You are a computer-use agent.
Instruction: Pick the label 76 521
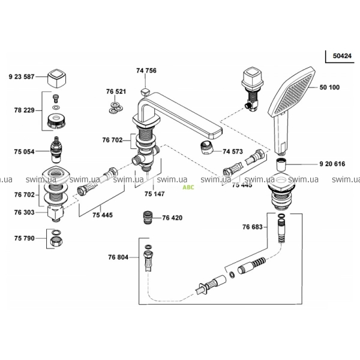(x=117, y=91)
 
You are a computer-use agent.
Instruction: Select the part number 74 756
(x=146, y=71)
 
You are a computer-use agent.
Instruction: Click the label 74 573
(x=233, y=151)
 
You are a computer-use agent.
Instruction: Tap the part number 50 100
(x=329, y=87)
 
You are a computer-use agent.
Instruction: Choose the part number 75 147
(x=154, y=194)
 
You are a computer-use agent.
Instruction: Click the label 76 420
(x=173, y=218)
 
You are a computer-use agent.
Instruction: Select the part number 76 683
(x=253, y=227)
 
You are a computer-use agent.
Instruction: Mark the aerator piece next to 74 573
(x=206, y=147)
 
